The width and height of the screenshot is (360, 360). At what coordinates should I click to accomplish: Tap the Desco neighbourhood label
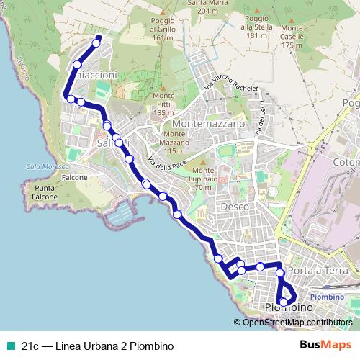click(235, 207)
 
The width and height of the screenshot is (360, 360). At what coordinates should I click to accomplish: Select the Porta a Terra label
click(309, 270)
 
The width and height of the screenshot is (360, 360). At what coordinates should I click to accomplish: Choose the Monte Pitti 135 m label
click(164, 104)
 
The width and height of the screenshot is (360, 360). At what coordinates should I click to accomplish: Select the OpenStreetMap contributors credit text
click(297, 323)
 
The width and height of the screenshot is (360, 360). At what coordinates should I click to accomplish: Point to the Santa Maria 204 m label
click(202, 7)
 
